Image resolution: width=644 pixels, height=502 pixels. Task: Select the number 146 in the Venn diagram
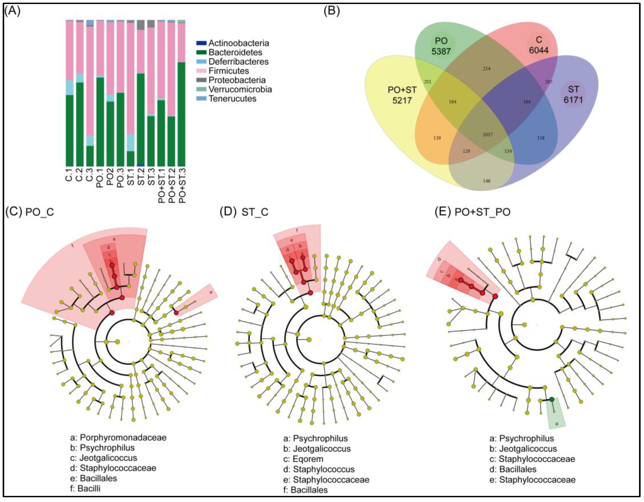coord(487,181)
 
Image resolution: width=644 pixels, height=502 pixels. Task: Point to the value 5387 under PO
coord(441,51)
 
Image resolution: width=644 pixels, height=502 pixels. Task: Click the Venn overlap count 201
coord(427,82)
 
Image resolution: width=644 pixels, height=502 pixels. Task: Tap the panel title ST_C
coord(255,212)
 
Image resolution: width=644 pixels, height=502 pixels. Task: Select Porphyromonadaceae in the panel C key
coord(123,437)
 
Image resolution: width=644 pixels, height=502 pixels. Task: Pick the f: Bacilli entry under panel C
coord(86,489)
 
